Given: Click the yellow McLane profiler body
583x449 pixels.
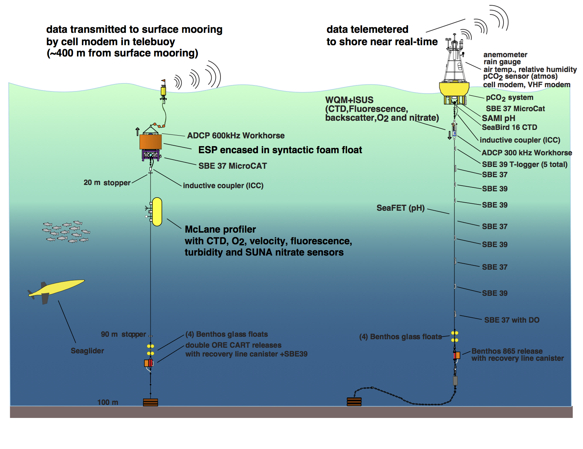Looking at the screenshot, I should click(x=157, y=212).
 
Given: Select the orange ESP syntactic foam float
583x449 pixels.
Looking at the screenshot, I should click(x=151, y=142).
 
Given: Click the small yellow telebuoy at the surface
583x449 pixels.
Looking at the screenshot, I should click(x=163, y=91).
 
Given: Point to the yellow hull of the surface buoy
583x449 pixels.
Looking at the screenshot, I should click(x=454, y=89).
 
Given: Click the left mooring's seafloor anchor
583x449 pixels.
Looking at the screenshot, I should click(x=151, y=402).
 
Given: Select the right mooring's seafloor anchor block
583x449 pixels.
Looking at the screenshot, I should click(x=354, y=402).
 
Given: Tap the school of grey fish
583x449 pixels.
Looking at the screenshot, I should click(x=66, y=232).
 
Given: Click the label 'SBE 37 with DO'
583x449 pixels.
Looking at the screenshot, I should click(x=512, y=320).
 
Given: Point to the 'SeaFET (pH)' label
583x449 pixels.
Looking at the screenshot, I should click(x=400, y=208).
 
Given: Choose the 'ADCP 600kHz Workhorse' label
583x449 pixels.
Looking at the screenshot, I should click(x=236, y=136).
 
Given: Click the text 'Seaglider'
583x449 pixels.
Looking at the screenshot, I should click(x=87, y=351).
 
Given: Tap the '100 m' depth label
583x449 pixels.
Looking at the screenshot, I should click(x=108, y=402).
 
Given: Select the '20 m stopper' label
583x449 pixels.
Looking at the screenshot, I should click(x=107, y=182).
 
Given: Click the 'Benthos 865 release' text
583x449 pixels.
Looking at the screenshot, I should click(x=507, y=351).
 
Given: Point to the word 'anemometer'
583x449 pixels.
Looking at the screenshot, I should click(x=505, y=55).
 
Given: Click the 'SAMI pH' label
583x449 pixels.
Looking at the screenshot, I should click(x=499, y=118).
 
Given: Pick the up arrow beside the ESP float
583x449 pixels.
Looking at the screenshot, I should click(x=137, y=131).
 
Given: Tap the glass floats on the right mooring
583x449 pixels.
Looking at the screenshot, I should click(x=455, y=336).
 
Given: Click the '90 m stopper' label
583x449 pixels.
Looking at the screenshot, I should click(x=123, y=334).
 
